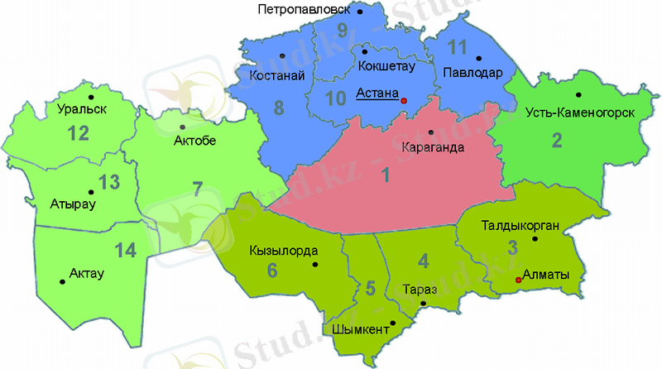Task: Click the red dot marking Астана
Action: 405,100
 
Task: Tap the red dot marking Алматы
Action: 519,280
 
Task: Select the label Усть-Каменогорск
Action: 580,113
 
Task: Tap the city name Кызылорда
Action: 283,250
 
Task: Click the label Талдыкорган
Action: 521,223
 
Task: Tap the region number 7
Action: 197,188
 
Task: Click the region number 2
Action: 557,140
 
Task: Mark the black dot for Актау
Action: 63,282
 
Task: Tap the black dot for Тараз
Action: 423,304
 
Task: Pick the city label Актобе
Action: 195,141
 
